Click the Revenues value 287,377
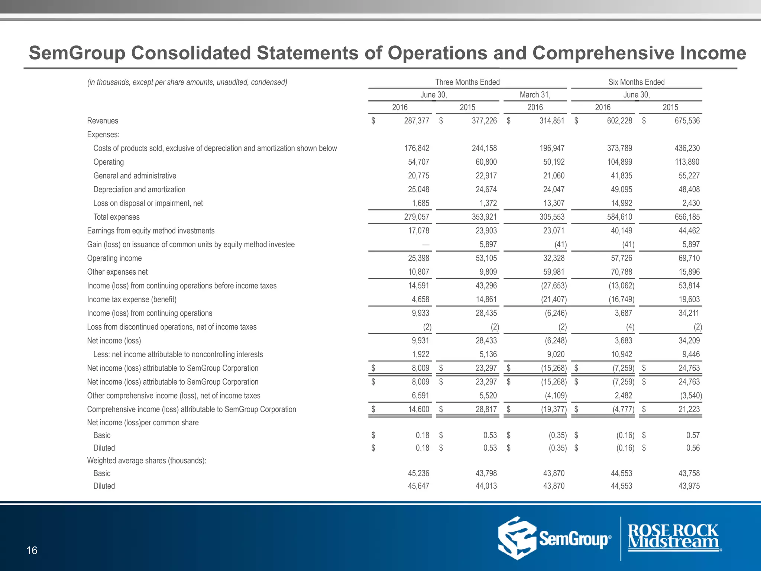(417, 121)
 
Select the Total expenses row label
(116, 217)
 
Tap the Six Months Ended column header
(636, 82)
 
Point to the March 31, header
(535, 95)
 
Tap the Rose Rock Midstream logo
(673, 537)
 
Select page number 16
(32, 551)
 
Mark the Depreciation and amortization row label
(139, 190)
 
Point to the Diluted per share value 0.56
(693, 448)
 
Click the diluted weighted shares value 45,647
(418, 486)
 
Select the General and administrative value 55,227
(689, 176)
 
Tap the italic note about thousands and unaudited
(187, 82)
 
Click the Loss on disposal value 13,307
(554, 203)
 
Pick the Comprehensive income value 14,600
(418, 409)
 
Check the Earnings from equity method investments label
(150, 231)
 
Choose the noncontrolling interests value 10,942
(621, 355)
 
